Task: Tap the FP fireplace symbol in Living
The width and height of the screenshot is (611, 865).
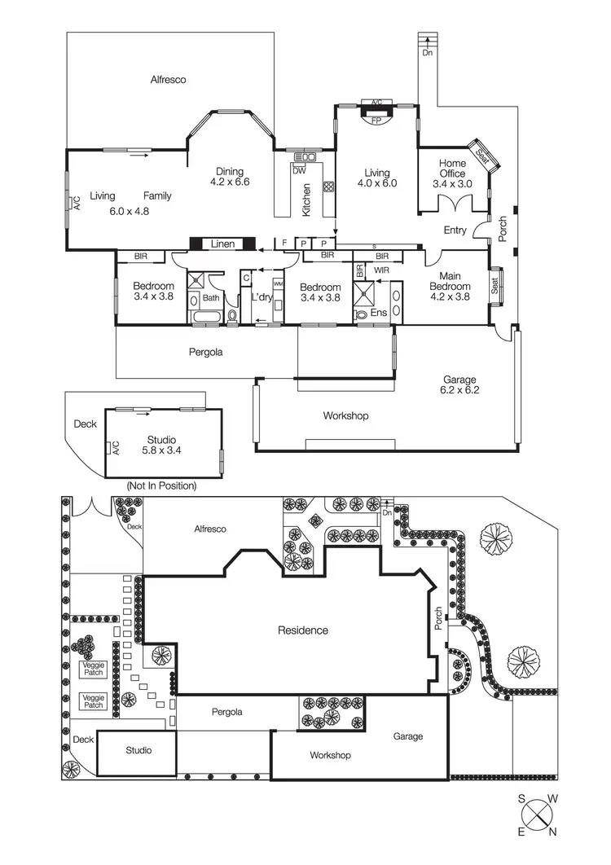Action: pyautogui.click(x=376, y=120)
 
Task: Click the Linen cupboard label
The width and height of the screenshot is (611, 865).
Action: pyautogui.click(x=223, y=244)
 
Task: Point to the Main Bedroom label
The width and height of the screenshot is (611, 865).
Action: pyautogui.click(x=450, y=282)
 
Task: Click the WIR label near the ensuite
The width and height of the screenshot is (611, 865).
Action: pyautogui.click(x=383, y=269)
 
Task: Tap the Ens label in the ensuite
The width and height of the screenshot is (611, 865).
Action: pyautogui.click(x=378, y=312)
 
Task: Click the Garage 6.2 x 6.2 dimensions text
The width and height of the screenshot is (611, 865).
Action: pyautogui.click(x=459, y=391)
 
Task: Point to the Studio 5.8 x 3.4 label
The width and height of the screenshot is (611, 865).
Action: pyautogui.click(x=163, y=444)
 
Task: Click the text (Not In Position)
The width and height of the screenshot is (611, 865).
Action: pyautogui.click(x=161, y=485)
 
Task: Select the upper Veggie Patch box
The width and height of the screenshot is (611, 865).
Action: pyautogui.click(x=94, y=669)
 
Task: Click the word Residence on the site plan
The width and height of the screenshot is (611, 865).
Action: pyautogui.click(x=303, y=630)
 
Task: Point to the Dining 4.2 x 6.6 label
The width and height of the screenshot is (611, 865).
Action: pyautogui.click(x=230, y=177)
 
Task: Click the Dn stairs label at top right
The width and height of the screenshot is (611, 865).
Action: pyautogui.click(x=427, y=54)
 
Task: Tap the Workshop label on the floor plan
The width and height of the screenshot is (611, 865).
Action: pyautogui.click(x=345, y=415)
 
